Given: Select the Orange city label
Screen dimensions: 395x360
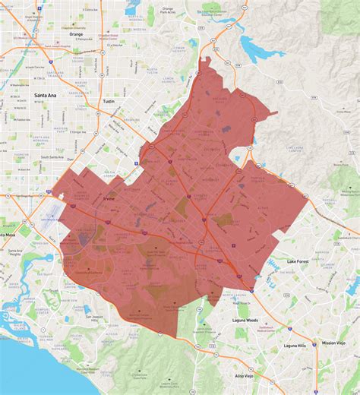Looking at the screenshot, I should click(76, 34).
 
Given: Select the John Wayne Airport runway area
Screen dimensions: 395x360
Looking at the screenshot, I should click(54, 207).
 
